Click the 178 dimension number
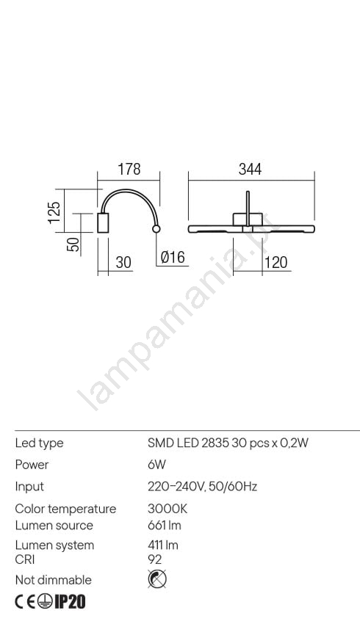[x=129, y=169]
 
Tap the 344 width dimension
[x=250, y=169]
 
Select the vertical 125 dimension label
[x=54, y=212]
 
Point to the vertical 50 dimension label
[x=73, y=244]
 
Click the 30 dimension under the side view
[x=123, y=262]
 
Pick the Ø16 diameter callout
[x=173, y=257]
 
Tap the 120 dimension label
[x=276, y=262]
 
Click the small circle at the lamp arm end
[x=156, y=228]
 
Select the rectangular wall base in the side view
[x=103, y=223]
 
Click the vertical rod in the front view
[x=248, y=209]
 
